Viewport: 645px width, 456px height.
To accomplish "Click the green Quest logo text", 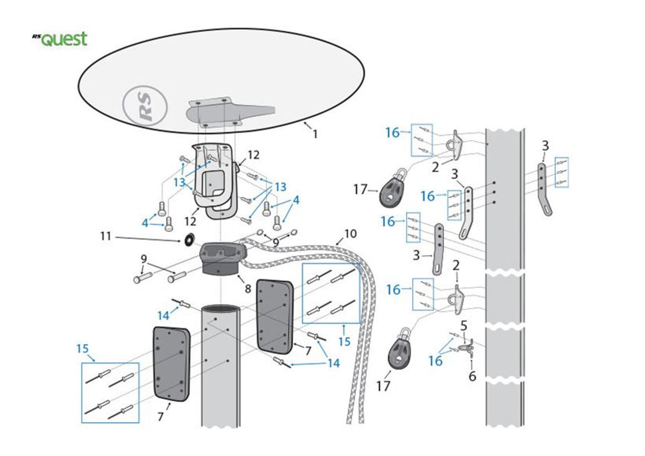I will click(63, 39).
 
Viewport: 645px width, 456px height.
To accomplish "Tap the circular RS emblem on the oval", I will click(145, 106).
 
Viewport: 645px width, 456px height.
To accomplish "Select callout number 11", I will click(106, 236).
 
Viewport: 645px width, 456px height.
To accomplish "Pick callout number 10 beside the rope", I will click(350, 234).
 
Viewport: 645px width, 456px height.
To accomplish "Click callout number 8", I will click(248, 289).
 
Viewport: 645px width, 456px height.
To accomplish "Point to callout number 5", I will click(464, 325).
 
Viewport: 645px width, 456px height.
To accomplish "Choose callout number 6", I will click(472, 376).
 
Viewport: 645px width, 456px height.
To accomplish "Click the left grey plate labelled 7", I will click(171, 363).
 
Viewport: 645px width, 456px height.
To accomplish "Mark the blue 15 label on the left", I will click(82, 349).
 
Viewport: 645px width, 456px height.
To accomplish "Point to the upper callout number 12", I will click(253, 155).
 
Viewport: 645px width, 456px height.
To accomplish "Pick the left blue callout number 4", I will click(146, 223).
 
